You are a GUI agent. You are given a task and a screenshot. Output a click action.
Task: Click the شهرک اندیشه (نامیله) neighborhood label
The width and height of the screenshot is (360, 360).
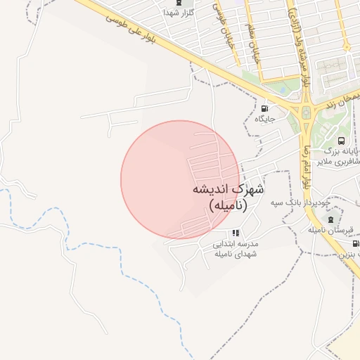pos(229,197)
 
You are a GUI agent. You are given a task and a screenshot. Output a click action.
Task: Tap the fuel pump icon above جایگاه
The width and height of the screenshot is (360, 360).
pos(264,108)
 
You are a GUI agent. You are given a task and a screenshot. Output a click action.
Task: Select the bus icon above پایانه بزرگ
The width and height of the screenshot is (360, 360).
pos(342,141)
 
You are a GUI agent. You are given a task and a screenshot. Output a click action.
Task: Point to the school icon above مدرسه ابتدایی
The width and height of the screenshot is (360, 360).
pos(236,232)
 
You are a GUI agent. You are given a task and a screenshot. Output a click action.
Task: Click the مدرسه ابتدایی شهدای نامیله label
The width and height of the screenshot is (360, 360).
pos(236,248)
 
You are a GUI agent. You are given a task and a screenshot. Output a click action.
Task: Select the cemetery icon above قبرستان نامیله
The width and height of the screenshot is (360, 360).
pos(330,219)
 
